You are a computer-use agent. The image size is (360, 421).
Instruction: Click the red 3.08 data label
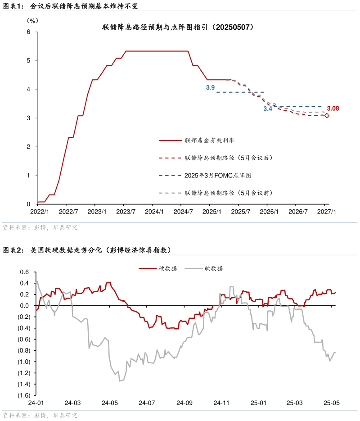pyautogui.click(x=333, y=109)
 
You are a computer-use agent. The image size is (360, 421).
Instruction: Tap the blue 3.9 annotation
pyautogui.click(x=210, y=88)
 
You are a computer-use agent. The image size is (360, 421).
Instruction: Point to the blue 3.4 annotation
pyautogui.click(x=268, y=109)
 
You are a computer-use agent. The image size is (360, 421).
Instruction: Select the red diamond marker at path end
pyautogui.click(x=327, y=116)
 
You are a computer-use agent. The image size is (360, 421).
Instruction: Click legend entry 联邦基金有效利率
pyautogui.click(x=209, y=140)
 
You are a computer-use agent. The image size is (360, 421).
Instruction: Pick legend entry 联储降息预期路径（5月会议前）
pyautogui.click(x=229, y=193)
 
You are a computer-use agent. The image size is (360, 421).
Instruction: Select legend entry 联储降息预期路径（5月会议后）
pyautogui.click(x=229, y=158)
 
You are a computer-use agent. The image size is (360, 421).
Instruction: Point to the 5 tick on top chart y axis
pyautogui.click(x=28, y=60)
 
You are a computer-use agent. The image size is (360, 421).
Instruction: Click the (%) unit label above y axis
pyautogui.click(x=32, y=20)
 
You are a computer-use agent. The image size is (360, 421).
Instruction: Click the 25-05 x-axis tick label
pyautogui.click(x=332, y=403)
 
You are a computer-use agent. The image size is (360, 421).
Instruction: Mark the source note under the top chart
pyautogui.click(x=40, y=228)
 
